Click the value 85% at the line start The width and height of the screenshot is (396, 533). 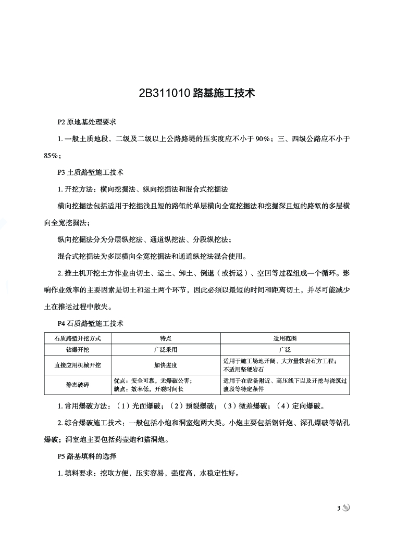pyautogui.click(x=52, y=155)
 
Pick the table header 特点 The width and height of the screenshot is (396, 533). pyautogui.click(x=166, y=338)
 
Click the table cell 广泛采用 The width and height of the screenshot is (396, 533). pyautogui.click(x=166, y=350)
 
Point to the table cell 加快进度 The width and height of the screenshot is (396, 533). pyautogui.click(x=166, y=365)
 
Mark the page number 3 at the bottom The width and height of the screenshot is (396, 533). pyautogui.click(x=338, y=508)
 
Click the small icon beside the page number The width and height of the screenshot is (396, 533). pyautogui.click(x=346, y=508)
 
